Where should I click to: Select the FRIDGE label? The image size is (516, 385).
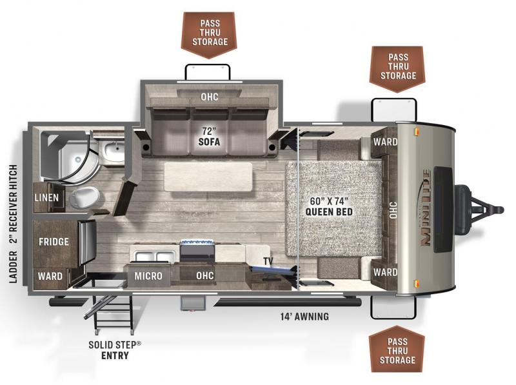tap(54, 242)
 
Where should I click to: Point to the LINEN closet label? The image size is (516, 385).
tap(47, 197)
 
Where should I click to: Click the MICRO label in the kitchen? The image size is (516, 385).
tap(148, 276)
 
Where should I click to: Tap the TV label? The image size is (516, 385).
tap(268, 261)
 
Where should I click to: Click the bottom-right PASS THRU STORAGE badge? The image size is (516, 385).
tap(397, 348)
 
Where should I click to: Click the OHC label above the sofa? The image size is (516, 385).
tap(210, 97)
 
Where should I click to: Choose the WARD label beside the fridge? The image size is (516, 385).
tap(50, 276)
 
